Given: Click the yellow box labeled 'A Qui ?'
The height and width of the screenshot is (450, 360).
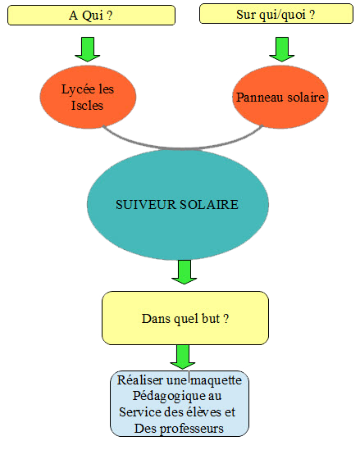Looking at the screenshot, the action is (91, 16).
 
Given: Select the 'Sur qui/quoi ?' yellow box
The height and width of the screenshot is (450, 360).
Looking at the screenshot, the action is (276, 13).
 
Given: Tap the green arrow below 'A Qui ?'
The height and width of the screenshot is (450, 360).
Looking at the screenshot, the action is (88, 49).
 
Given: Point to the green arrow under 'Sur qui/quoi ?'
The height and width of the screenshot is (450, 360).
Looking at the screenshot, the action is (281, 49).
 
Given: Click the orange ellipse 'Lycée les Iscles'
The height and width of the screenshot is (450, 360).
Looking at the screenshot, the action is (88, 97).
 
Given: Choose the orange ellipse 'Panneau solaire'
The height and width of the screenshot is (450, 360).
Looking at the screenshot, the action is (280, 97).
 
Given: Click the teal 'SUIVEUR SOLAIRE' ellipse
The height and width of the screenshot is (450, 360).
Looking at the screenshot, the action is (178, 204).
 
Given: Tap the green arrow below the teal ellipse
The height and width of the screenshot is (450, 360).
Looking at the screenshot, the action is (184, 272).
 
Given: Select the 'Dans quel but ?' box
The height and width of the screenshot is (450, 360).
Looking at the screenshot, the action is (185, 318).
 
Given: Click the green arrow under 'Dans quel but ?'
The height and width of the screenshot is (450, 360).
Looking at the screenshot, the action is (183, 357).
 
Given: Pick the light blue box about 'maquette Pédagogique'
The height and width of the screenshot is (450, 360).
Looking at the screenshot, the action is (180, 403).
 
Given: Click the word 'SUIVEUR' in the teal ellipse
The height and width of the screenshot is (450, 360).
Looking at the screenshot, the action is (146, 205).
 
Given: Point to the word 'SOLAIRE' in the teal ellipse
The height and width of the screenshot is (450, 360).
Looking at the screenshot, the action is (209, 205).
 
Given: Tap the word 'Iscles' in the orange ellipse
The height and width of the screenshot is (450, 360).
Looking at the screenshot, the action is (87, 105).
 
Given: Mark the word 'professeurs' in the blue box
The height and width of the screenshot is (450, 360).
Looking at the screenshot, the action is (192, 429).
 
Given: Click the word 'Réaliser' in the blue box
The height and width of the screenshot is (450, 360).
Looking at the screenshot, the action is (140, 380).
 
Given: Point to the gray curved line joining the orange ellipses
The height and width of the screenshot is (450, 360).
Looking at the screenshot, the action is (183, 148).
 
